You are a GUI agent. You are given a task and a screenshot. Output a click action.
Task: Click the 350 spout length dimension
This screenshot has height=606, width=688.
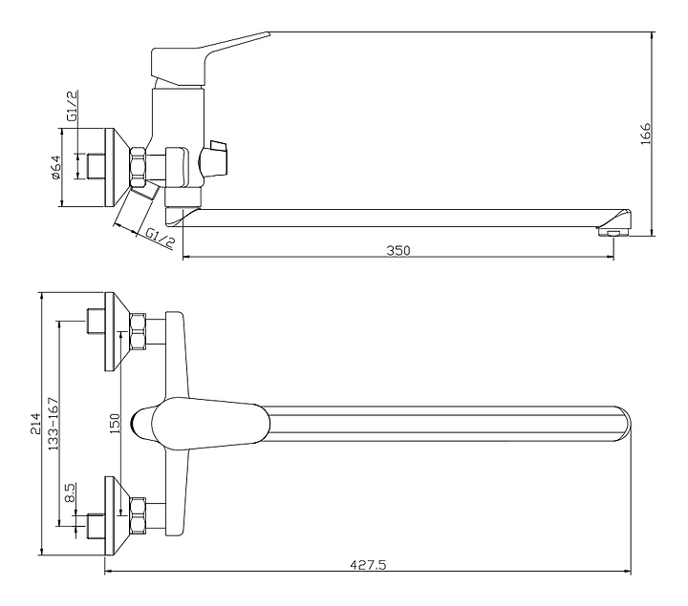click(398, 251)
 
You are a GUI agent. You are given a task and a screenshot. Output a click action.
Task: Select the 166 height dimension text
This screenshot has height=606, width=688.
click(645, 134)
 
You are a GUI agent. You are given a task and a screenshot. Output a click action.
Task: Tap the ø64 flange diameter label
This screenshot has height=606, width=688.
click(55, 167)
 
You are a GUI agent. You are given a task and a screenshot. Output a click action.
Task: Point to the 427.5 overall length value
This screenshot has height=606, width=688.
click(368, 565)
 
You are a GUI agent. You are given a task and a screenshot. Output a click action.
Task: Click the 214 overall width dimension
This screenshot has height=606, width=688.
click(34, 424)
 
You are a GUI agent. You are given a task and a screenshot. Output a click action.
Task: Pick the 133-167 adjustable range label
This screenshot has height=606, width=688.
click(54, 424)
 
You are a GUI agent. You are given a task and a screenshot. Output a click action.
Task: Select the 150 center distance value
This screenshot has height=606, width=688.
click(114, 424)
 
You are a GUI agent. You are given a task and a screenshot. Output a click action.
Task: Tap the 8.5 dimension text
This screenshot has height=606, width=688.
click(70, 493)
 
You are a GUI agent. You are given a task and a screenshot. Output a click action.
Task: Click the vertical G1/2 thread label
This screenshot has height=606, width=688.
click(73, 106)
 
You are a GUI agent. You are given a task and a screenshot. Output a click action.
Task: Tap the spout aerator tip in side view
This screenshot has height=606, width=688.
click(614, 231)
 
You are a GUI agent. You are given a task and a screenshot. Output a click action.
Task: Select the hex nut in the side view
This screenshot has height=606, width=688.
click(138, 167)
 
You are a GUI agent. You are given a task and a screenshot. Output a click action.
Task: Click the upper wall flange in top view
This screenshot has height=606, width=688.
click(116, 331)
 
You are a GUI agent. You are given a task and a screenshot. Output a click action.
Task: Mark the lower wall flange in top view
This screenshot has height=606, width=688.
click(116, 515)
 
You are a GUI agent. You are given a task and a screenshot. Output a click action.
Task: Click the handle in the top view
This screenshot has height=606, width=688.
click(201, 424)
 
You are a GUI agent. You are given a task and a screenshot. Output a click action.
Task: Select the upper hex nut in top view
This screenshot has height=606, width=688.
click(139, 331)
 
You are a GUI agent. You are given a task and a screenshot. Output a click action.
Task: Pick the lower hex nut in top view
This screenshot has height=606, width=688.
click(139, 515)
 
